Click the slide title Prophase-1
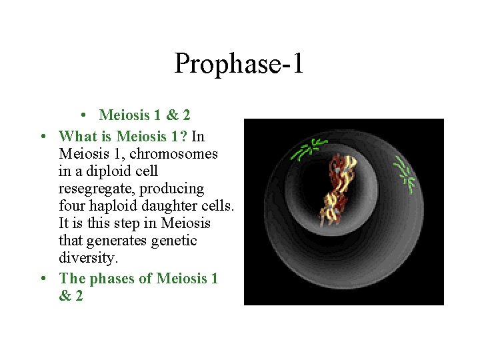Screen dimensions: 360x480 pos(239,63)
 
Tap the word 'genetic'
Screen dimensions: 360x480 pos(175,241)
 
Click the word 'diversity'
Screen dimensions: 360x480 pos(85,258)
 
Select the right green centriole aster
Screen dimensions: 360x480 pos(405,173)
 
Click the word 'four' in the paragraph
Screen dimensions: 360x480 pos(72,206)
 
